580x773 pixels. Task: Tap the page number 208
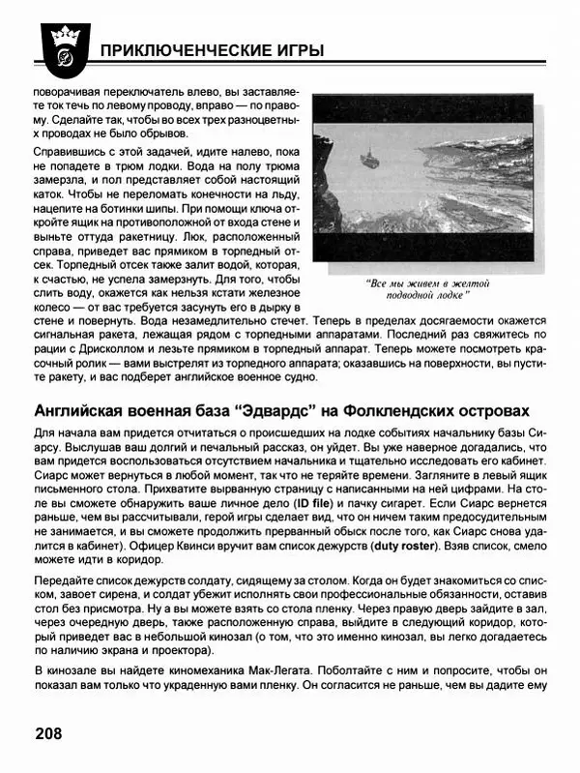[47, 732]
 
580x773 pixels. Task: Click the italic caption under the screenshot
[428, 289]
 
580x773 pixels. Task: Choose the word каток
[49, 202]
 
